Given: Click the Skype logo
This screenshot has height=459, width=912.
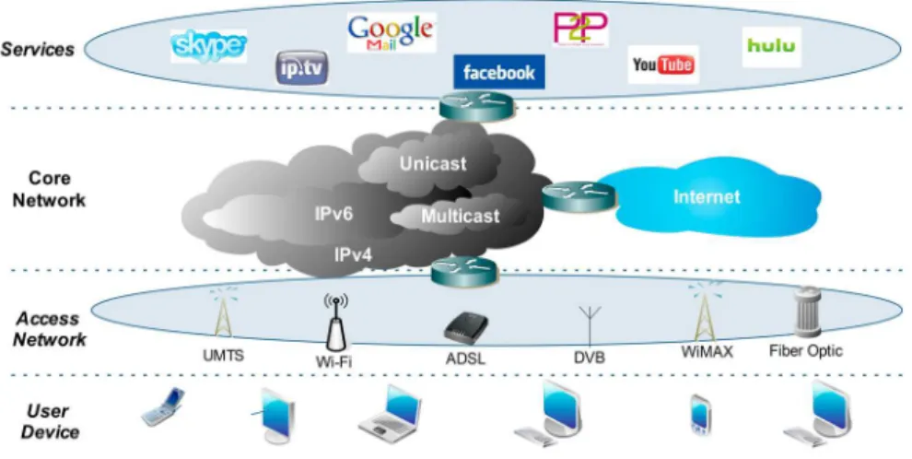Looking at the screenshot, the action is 208,46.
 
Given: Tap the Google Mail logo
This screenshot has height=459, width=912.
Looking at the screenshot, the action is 392,32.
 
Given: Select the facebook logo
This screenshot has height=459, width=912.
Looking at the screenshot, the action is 499,72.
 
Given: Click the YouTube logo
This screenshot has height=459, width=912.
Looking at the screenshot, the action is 663,65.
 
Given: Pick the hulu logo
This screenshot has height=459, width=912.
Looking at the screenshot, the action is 771,46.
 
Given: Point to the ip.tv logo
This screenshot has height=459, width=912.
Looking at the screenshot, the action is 302,68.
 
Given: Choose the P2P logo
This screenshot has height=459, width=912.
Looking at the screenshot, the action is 580,29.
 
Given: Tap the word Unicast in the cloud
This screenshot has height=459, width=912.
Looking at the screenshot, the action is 433,163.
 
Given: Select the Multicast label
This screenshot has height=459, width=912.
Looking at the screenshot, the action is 460,217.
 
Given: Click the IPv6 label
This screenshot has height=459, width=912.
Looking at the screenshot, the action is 333,214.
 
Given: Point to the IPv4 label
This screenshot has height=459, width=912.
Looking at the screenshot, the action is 353,254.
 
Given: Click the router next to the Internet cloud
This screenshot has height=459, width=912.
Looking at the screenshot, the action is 579,195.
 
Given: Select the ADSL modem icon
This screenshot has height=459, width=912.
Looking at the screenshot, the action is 465,329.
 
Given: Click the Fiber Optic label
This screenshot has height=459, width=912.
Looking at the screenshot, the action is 805,351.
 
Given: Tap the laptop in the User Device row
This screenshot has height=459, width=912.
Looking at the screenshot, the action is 390,414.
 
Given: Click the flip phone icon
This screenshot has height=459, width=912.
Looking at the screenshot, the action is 163,406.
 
